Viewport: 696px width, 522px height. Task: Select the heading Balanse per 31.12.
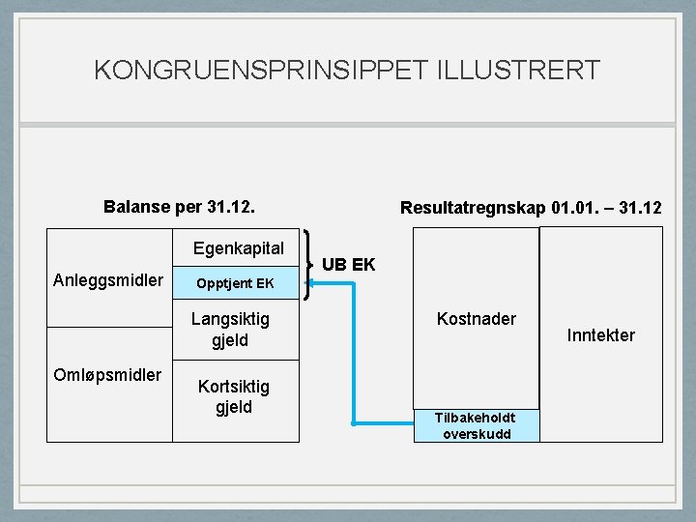179,207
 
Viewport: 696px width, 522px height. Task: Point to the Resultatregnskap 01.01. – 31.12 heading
531,208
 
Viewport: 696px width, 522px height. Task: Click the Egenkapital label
238,248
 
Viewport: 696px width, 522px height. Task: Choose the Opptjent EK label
235,283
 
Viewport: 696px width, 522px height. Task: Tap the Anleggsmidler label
108,281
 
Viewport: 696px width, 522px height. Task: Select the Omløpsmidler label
108,375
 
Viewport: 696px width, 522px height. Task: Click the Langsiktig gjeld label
230,329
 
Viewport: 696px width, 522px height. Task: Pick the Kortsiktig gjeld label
233,396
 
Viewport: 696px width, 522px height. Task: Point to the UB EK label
348,265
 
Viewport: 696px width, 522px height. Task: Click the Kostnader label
477,319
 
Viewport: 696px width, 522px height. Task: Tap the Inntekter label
601,335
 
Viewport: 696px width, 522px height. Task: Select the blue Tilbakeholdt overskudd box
475,425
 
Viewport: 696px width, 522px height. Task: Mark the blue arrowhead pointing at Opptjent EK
315,283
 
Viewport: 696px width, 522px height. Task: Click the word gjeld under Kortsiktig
233,407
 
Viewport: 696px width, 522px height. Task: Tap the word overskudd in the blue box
476,434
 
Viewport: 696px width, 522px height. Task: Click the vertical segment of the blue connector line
354,353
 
